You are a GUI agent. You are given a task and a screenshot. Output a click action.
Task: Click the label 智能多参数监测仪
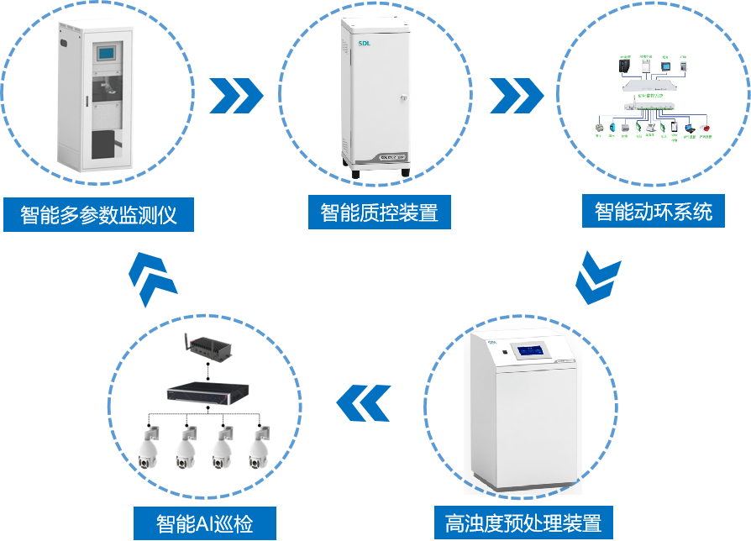(x=98, y=214)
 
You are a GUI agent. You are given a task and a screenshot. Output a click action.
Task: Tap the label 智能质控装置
(x=379, y=212)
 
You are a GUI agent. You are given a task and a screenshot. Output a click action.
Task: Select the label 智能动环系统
(x=654, y=210)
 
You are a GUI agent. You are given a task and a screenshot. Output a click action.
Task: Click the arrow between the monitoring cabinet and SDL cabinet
(x=236, y=96)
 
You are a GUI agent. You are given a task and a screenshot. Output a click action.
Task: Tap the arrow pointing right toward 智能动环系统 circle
(x=517, y=96)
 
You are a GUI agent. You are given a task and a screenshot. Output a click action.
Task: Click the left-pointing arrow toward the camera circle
(x=364, y=403)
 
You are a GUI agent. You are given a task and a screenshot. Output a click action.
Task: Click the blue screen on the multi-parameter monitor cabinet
(x=108, y=54)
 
